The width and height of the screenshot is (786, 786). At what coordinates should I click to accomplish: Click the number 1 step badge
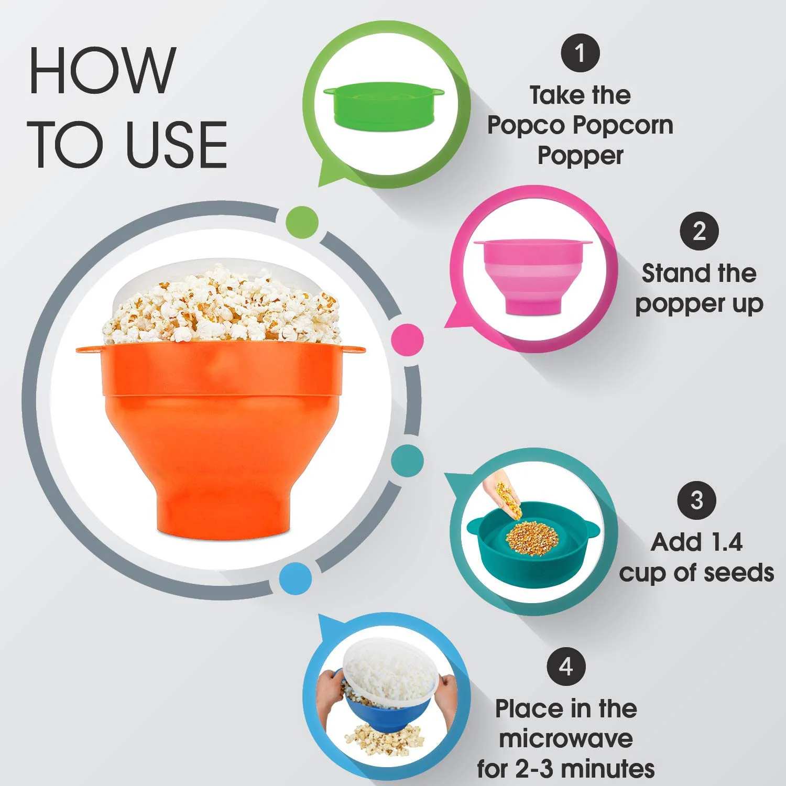point(580,53)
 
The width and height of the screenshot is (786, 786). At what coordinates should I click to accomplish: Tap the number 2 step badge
point(699,231)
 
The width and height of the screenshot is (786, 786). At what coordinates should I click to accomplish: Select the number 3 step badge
point(696,500)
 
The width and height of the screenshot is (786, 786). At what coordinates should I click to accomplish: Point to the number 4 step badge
point(566,667)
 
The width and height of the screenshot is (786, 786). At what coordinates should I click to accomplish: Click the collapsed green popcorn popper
point(384,105)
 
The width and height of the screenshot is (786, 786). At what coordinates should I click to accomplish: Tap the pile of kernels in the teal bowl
point(531,539)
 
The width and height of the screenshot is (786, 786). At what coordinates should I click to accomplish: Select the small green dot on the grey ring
point(302,222)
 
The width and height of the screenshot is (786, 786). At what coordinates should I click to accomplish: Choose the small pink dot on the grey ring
point(408,340)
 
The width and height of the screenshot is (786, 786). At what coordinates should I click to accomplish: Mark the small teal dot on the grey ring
point(408,461)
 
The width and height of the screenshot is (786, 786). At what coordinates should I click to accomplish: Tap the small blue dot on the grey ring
point(296,578)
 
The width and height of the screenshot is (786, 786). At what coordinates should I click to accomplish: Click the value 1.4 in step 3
point(723,542)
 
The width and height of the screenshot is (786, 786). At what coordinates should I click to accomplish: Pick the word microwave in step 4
point(566,739)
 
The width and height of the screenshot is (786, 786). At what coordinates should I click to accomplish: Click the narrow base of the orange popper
point(223,516)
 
